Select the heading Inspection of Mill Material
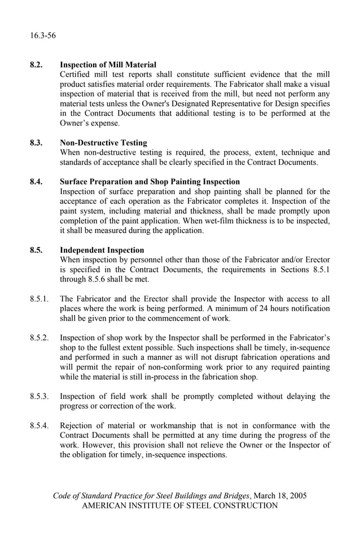point(108,65)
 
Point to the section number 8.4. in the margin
point(37,182)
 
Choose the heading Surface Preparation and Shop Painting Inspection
point(150,182)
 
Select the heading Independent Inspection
point(102,250)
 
